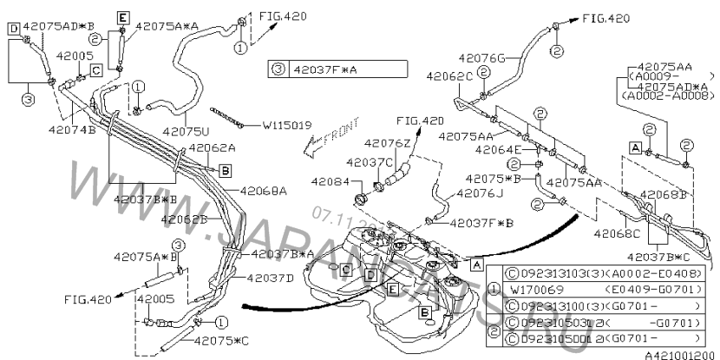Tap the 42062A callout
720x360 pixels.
(x=213, y=147)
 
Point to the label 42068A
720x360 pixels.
(x=264, y=191)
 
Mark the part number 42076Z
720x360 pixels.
(x=387, y=142)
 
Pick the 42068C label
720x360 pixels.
(x=618, y=232)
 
